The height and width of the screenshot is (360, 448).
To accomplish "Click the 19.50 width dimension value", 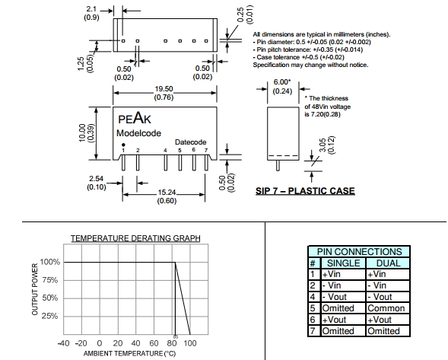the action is click(x=164, y=89).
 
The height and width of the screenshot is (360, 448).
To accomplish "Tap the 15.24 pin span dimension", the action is click(x=167, y=192).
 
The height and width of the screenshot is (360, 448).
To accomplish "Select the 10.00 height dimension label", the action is click(x=81, y=132).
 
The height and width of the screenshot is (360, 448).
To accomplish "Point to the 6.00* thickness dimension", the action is click(x=282, y=82).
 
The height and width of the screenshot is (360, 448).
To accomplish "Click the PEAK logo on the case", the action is click(x=135, y=117).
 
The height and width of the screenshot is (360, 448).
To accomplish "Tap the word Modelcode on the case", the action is click(x=138, y=133).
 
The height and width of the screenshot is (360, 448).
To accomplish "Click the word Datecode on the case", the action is click(x=191, y=142).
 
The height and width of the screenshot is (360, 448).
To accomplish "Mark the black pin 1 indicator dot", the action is click(x=123, y=145).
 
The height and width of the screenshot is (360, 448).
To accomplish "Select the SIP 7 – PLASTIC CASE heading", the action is click(x=305, y=191).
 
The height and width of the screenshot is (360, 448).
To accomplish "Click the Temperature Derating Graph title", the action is click(x=135, y=238).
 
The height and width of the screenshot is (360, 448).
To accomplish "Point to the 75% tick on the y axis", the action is click(x=50, y=280).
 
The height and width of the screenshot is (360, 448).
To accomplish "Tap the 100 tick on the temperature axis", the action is click(x=190, y=342).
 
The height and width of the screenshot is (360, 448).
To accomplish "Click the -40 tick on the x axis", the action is click(x=63, y=342).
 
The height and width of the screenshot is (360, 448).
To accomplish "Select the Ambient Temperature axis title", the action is click(x=129, y=354).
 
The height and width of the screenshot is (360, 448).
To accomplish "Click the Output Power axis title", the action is click(x=35, y=289).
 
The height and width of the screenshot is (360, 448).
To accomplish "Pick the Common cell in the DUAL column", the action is click(x=386, y=308).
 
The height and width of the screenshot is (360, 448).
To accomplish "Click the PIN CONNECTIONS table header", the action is click(x=359, y=252).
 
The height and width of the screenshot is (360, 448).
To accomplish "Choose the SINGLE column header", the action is click(x=344, y=263).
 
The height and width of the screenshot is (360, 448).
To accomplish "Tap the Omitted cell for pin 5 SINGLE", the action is click(x=338, y=308).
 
